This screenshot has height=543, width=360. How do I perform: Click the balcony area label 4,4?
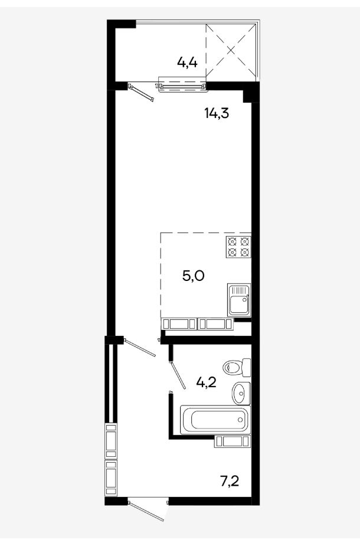pyautogui.click(x=187, y=63)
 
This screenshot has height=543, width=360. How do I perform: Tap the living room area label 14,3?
pyautogui.click(x=217, y=113)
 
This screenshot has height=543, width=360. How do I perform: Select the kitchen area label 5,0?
pyautogui.click(x=194, y=276)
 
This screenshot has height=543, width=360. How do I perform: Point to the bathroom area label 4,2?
pyautogui.click(x=207, y=382)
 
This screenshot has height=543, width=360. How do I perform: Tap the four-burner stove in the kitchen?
pyautogui.click(x=238, y=247)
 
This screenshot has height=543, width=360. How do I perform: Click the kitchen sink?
pyautogui.click(x=239, y=300)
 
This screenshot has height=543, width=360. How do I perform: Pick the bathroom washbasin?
pyautogui.click(x=241, y=393)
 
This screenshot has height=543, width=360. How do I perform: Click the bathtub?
pyautogui.click(x=215, y=420)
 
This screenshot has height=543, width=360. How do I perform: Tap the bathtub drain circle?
pyautogui.click(x=240, y=420)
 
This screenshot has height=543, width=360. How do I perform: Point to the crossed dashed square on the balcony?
pyautogui.click(x=231, y=50)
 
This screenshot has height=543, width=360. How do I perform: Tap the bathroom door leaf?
pyautogui.click(x=178, y=376)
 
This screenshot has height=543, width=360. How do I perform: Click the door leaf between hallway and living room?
pyautogui.click(x=140, y=348)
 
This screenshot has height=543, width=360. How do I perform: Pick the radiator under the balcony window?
pyautogui.click(x=182, y=85)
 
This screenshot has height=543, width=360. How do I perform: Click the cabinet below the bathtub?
pyautogui.click(x=232, y=441)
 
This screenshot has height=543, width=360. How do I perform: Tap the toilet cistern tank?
pyautogui.click(x=247, y=368)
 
